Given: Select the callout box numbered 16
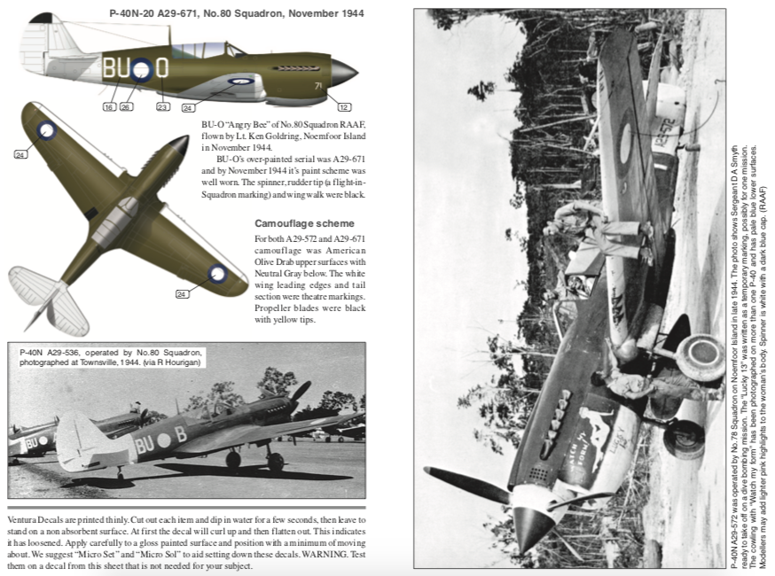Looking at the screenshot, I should point(109,107).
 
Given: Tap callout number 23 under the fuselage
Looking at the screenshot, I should point(162,107).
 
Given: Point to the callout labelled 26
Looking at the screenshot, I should point(127,107).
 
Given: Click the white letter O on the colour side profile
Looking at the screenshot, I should point(162,67).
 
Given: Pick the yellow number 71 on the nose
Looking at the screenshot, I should point(317,86).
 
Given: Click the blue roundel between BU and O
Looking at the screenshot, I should point(140,69).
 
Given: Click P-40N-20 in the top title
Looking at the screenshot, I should point(133,13).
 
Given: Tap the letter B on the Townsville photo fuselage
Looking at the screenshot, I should point(179,435).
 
